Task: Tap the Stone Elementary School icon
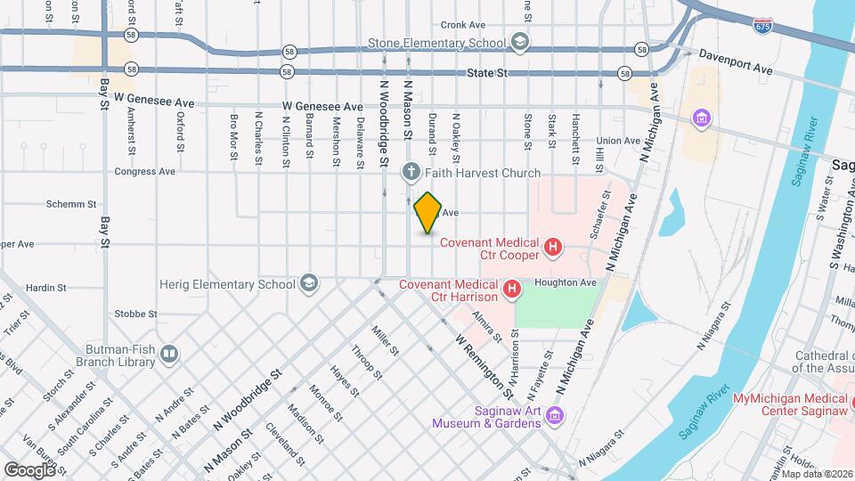point(519,42)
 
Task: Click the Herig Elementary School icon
point(308,283)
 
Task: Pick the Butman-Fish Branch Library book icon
point(168,355)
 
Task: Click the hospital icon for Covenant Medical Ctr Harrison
point(512,289)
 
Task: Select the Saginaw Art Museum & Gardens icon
point(554,416)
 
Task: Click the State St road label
point(487,73)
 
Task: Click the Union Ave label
point(618,141)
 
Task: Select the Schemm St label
point(70,204)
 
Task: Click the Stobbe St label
point(135,314)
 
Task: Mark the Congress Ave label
point(144,171)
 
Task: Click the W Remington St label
point(484,366)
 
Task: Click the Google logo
point(29,469)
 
